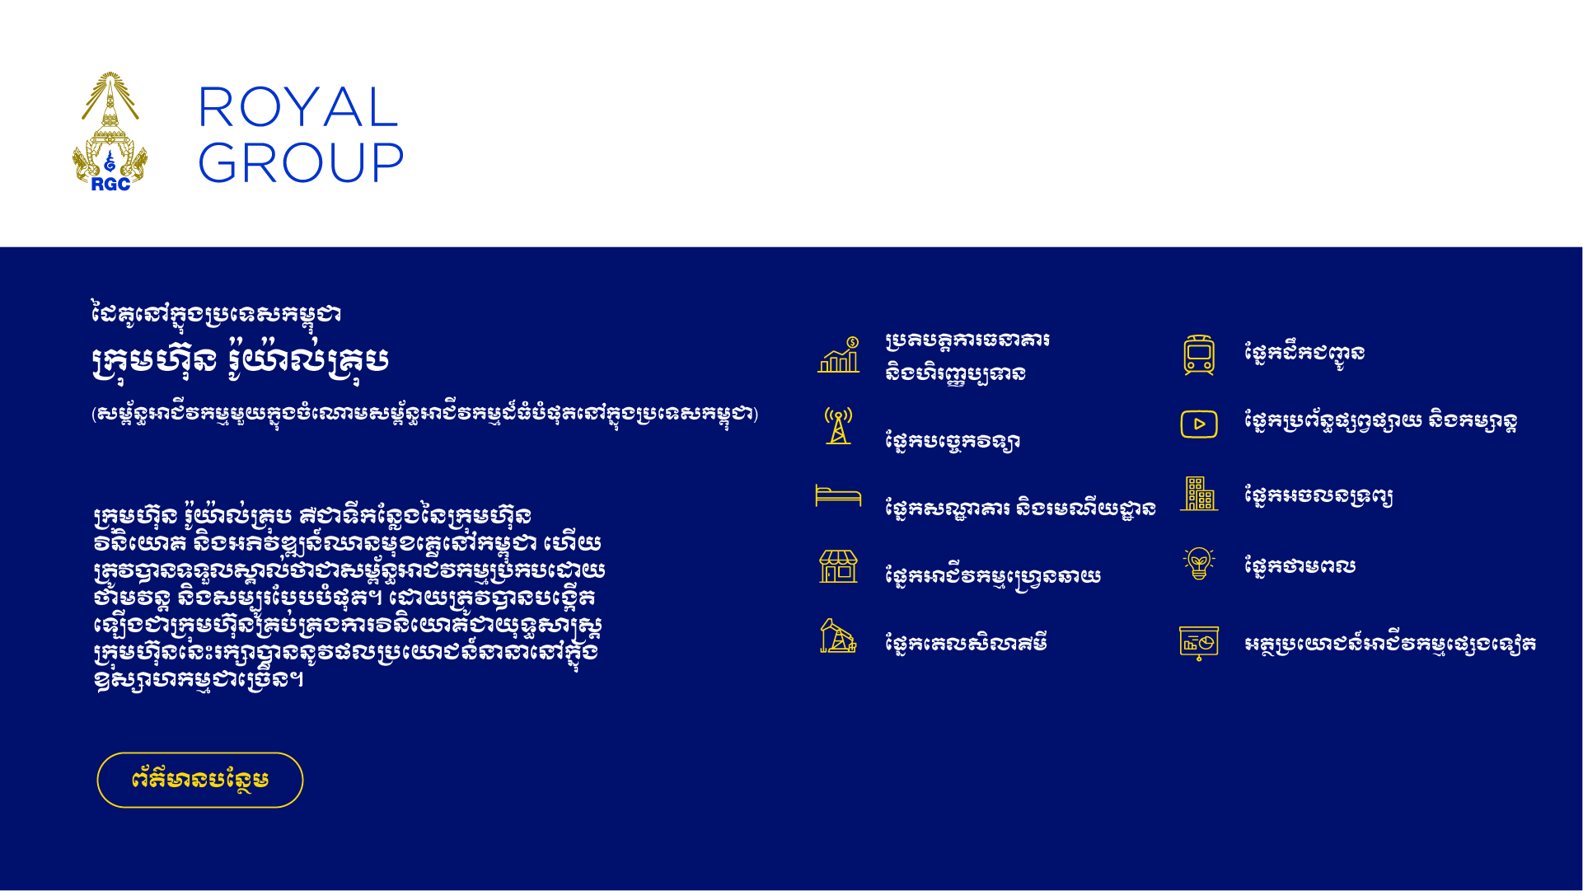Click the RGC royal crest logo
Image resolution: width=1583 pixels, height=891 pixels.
110,132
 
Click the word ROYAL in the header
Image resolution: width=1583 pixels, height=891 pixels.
298,107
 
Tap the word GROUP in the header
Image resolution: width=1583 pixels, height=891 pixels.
301,162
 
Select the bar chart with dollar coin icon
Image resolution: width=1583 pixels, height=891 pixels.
839,354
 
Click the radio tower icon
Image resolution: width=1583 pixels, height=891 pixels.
838,425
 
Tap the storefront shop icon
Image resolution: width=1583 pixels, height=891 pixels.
838,566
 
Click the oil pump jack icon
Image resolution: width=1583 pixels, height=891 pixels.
838,635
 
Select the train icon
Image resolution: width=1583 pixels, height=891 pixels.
1199,354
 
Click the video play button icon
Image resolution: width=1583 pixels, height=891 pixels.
1199,424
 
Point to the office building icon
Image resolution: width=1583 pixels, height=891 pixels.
1199,494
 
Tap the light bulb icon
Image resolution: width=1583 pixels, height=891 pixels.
1199,564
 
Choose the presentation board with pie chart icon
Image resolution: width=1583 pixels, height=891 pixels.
1199,643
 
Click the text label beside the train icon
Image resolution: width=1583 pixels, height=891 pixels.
1304,354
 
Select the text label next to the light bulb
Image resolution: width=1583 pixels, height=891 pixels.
1300,566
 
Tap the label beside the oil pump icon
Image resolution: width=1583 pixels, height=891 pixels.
966,643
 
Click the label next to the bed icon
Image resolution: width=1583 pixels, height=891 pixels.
1020,508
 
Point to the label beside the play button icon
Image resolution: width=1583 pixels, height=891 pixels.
1380,422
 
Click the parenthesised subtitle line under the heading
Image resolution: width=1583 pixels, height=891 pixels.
424,414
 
